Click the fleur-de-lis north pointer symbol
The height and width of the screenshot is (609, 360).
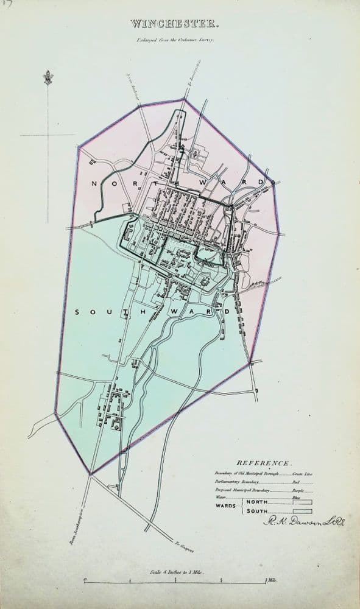coord(48,78)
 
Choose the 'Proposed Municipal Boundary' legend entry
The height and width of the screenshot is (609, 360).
coord(250,489)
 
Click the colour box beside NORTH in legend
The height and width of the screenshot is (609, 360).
coord(303,502)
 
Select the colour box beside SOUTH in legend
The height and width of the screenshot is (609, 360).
coord(303,512)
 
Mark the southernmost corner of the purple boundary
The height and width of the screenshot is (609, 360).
coord(91,474)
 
